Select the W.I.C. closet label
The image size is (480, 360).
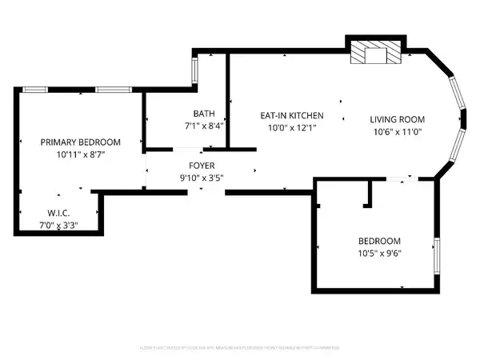57,214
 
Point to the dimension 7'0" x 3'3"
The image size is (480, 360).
57,226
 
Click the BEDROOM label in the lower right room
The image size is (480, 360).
379,241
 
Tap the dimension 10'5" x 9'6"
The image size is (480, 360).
379,254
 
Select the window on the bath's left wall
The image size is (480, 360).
194,70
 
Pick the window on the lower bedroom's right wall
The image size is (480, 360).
436,254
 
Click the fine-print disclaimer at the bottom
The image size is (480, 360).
240,347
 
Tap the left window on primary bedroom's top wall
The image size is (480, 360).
35,90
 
